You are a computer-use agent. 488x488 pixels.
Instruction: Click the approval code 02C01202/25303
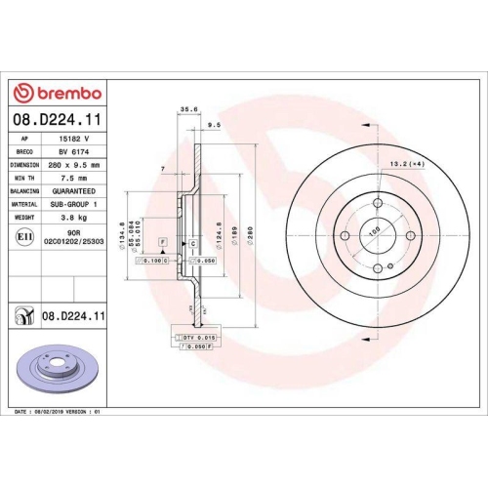[x=82, y=241]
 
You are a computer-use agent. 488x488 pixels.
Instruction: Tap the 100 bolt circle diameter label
[x=371, y=233]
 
